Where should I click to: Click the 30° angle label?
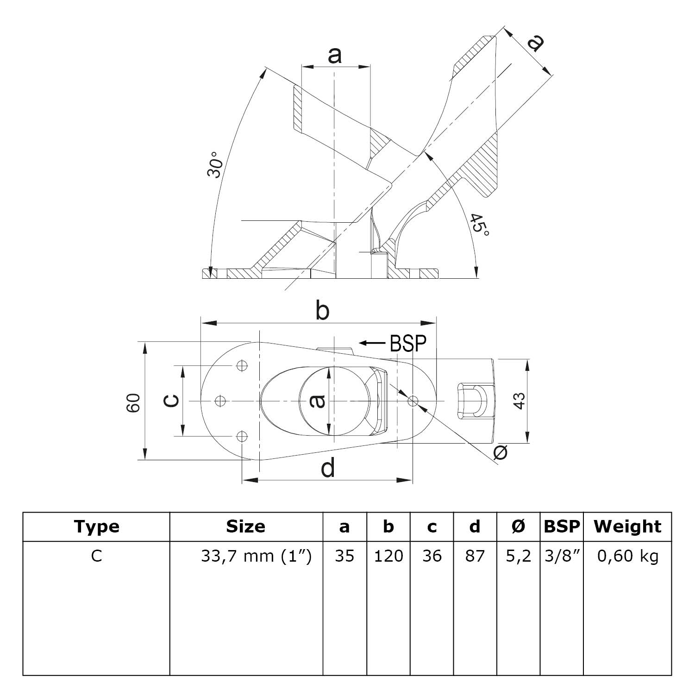click(215, 164)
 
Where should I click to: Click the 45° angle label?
click(478, 225)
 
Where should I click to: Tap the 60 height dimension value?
click(134, 402)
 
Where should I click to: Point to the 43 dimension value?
click(520, 401)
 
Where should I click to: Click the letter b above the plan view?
click(322, 311)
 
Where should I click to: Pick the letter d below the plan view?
click(328, 468)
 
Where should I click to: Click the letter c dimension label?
click(172, 401)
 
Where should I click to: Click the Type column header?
click(96, 526)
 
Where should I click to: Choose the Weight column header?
click(627, 526)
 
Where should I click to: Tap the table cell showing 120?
click(388, 556)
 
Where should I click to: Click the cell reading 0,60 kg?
click(627, 556)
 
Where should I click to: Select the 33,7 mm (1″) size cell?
click(256, 556)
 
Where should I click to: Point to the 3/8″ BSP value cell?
click(562, 556)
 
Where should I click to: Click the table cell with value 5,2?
click(518, 556)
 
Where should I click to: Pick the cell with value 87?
click(475, 556)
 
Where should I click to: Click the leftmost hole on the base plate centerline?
click(221, 401)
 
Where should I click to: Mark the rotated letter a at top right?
click(536, 43)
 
